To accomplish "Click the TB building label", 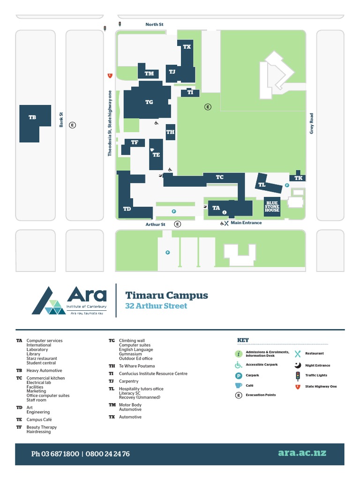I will pos(32,118).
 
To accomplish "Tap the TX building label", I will pos(187,47).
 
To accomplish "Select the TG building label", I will pos(149,102).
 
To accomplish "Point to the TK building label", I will pos(298,178).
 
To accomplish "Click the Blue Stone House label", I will pos(272,207).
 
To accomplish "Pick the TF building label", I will pos(135,142).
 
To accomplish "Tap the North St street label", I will pos(154,24).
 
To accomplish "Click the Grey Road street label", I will pos(312,123).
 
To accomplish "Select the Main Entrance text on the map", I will pos(246,223).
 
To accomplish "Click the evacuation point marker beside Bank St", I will pos(72,125).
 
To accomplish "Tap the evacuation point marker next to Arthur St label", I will pos(177,224).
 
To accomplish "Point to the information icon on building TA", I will pos(224,212).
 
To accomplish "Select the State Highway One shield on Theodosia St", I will pos(110,75).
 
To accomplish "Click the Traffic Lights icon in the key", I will pos(297,375).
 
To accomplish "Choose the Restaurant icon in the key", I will pos(297,354).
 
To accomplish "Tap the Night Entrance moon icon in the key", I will pos(297,365).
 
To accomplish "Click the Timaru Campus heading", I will pos(166,296).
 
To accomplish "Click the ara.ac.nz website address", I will pos(302,453).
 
